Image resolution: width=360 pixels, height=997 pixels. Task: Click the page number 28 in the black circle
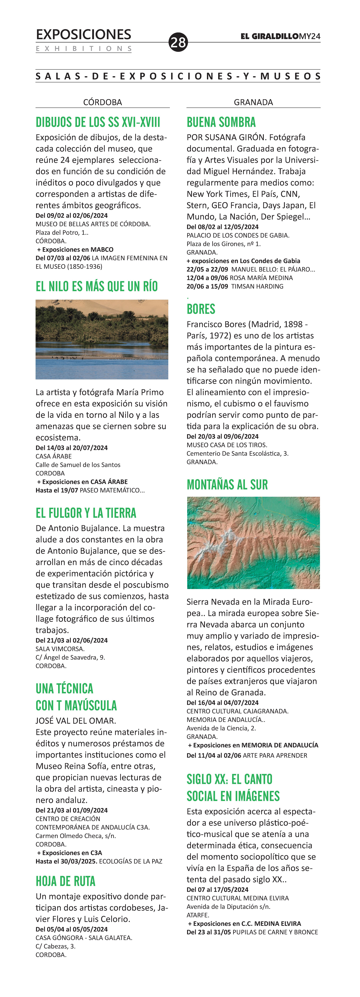point(178,42)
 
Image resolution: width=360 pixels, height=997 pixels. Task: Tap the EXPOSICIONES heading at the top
point(83,34)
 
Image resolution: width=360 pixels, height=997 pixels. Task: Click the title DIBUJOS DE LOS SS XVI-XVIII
point(98,122)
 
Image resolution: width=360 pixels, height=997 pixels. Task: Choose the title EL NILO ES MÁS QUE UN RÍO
point(96,286)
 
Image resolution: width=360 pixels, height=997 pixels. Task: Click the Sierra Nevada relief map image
point(253,543)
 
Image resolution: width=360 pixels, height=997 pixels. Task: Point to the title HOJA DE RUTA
point(65,881)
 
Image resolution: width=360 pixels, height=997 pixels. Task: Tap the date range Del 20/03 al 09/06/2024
point(222,436)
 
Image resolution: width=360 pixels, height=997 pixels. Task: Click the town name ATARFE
point(198,915)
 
